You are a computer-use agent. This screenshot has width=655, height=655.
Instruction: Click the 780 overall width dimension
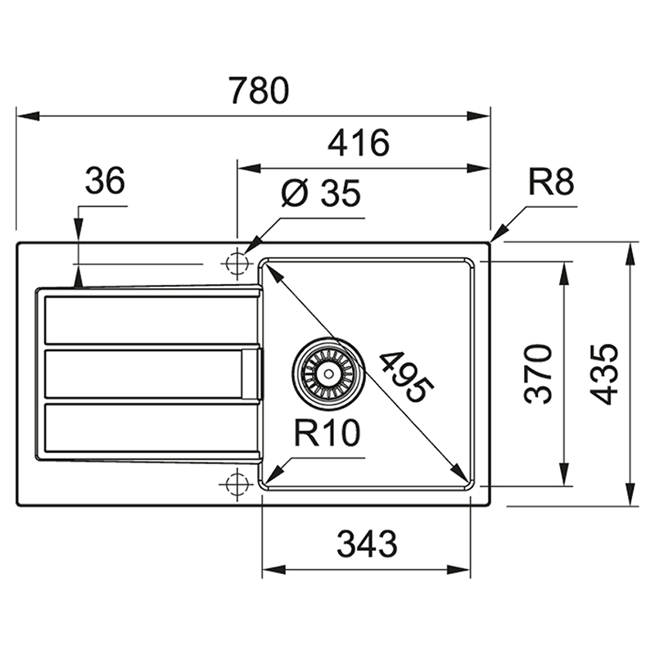(259, 90)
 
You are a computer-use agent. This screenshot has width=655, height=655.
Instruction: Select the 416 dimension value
(359, 142)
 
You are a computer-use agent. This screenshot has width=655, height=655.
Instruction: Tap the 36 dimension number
(105, 180)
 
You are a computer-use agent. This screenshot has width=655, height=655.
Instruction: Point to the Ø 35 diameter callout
(320, 192)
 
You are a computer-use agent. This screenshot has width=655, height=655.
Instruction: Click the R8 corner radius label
(551, 182)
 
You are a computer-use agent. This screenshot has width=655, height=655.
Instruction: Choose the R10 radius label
(327, 433)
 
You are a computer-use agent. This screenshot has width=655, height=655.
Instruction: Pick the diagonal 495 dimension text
(405, 377)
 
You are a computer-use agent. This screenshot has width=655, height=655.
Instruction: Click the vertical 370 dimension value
(539, 374)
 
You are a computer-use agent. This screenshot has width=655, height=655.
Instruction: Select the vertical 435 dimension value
(603, 374)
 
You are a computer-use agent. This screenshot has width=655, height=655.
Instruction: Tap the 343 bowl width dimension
(367, 544)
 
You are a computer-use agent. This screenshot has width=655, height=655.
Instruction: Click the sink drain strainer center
(329, 373)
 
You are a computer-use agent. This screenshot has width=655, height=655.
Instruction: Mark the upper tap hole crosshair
(237, 264)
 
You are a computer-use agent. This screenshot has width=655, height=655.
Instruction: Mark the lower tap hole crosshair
(237, 484)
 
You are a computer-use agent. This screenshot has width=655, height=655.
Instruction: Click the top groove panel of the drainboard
(151, 320)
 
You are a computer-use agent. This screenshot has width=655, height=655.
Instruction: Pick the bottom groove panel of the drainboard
(151, 427)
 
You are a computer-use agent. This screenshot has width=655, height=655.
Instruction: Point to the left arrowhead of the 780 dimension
(29, 116)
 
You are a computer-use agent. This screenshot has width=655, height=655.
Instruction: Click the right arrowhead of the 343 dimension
(458, 569)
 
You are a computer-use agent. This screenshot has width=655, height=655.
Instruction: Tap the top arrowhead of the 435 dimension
(630, 254)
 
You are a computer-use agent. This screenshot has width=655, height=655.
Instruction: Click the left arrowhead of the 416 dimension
(249, 169)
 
